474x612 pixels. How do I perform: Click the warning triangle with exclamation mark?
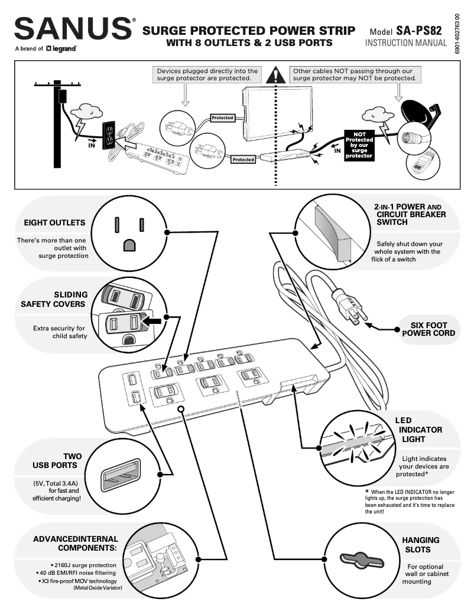pyautogui.click(x=275, y=75)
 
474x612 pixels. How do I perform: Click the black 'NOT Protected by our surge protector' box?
pyautogui.click(x=359, y=145)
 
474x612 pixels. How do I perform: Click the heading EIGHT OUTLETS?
pyautogui.click(x=54, y=223)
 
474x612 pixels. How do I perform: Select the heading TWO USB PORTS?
pyautogui.click(x=57, y=461)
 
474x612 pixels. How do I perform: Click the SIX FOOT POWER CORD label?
pyautogui.click(x=428, y=329)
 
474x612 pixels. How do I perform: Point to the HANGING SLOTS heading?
pyautogui.click(x=420, y=545)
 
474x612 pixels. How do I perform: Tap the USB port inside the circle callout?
pyautogui.click(x=121, y=474)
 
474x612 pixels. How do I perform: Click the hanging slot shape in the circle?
pyautogui.click(x=359, y=559)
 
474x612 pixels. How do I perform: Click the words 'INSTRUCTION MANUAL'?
pyautogui.click(x=405, y=44)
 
